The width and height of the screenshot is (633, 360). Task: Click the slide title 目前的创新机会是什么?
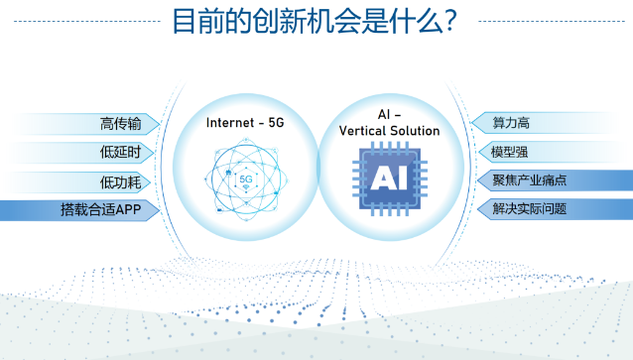(315, 21)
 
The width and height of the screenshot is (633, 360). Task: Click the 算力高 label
(511, 124)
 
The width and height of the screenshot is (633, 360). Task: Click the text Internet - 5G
(244, 122)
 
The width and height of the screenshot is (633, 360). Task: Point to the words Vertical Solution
(389, 131)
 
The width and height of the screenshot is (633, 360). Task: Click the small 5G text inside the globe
(245, 180)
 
